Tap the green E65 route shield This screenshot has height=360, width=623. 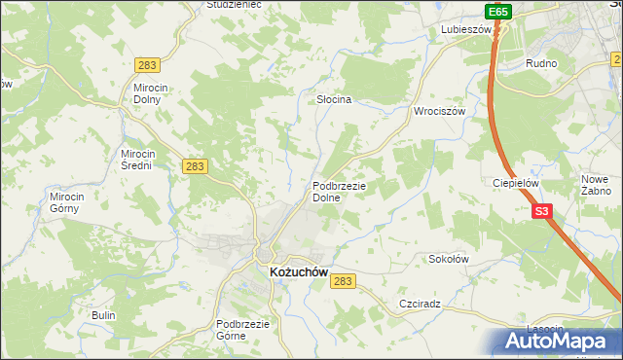[497, 12]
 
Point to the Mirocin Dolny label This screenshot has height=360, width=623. [152, 92]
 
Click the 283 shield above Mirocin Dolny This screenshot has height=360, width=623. [147, 65]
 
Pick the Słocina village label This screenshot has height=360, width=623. [334, 99]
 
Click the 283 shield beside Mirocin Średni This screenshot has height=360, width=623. [195, 166]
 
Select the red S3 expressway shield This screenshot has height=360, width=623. [542, 210]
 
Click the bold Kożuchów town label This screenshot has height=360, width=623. [298, 273]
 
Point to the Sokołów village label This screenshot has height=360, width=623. [450, 260]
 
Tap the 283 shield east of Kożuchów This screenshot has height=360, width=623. [342, 280]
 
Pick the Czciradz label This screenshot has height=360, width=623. [420, 304]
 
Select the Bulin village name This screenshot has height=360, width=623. [103, 315]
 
